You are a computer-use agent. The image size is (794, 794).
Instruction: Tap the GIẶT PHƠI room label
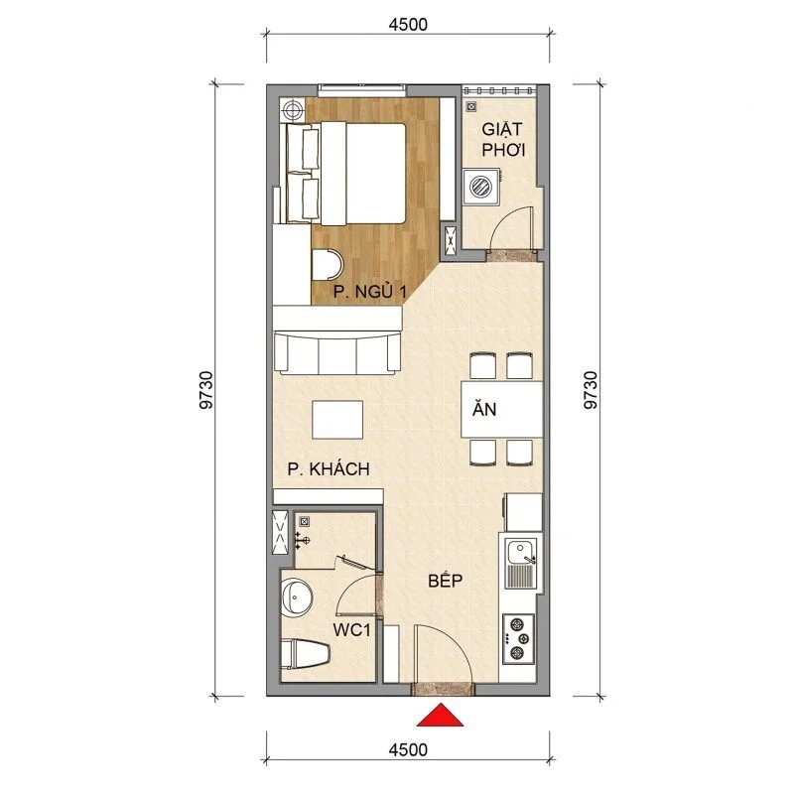(x=503, y=140)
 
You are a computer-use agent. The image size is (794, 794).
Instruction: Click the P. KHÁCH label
(x=329, y=469)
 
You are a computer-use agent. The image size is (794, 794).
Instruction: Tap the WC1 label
(x=352, y=629)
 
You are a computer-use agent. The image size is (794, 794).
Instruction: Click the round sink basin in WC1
(x=297, y=597)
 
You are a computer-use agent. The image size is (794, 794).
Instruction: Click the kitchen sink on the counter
(x=520, y=561)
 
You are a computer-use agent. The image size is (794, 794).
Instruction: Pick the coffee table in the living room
(x=337, y=419)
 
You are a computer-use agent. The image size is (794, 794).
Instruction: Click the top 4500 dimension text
(x=407, y=26)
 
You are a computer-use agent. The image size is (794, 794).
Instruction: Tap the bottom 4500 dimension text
(x=407, y=750)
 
